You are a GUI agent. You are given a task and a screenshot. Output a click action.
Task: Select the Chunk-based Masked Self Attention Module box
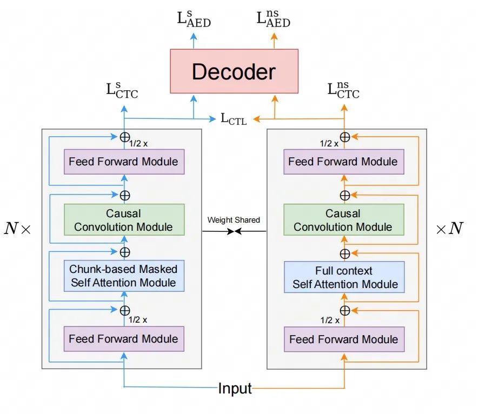pos(123,276)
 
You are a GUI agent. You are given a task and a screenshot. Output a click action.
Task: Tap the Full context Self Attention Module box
pos(344,277)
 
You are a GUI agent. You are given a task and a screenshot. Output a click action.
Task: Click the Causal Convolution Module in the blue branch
pos(124,219)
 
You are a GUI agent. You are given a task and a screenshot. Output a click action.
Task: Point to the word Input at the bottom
pos(235,388)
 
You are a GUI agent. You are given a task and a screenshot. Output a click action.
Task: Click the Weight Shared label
pos(234,220)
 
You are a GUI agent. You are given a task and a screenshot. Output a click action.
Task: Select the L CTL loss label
pos(234,118)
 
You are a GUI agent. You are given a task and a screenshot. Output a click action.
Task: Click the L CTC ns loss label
pos(344,90)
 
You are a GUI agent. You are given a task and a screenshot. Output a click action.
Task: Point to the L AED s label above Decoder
pos(194,19)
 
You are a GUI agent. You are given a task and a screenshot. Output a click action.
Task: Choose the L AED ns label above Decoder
pos(272,19)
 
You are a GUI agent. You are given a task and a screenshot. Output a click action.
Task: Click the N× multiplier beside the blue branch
pos(17,228)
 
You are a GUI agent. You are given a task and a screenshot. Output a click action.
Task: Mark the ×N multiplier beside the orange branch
pos(449,228)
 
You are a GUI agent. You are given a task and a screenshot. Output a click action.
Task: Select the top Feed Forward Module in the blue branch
pos(123,162)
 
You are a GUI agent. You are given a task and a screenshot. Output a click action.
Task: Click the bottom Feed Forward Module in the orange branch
pos(344,340)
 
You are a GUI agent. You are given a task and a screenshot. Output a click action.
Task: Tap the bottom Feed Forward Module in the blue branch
pos(123,339)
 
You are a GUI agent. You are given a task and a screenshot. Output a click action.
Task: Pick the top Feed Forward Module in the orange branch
pos(343,162)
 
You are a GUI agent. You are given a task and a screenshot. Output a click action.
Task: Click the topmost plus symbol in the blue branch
pos(125,137)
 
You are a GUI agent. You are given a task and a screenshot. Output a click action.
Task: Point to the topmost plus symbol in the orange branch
pos(344,137)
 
